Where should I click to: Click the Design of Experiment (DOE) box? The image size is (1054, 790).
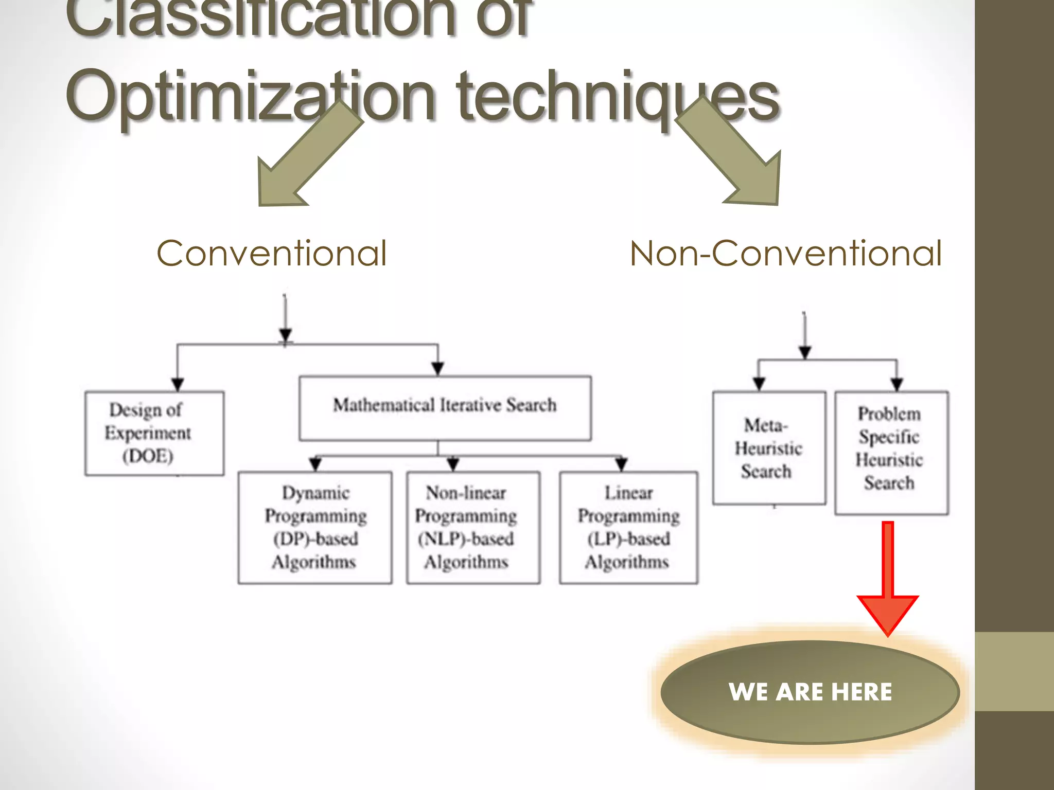[x=154, y=434]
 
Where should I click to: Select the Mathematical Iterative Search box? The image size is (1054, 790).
[x=445, y=408]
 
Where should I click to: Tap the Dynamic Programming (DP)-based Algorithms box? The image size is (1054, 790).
[x=315, y=527]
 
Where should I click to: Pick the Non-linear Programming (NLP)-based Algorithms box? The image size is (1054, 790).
[x=473, y=527]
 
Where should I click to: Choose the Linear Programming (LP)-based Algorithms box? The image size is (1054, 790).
[x=628, y=527]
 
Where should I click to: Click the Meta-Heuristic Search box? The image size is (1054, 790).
[x=769, y=448]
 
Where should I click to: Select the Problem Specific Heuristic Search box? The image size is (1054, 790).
[x=891, y=453]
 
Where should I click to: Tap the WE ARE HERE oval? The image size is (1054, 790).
[x=810, y=692]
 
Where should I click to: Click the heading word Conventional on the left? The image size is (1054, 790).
[x=272, y=254]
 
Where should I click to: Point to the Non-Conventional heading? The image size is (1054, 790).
[x=786, y=254]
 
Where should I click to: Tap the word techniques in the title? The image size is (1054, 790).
[x=618, y=98]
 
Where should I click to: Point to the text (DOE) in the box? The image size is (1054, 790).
[x=148, y=456]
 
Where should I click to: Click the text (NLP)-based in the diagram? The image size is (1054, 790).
[x=466, y=539]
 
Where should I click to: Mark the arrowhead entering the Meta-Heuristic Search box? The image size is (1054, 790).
[x=759, y=384]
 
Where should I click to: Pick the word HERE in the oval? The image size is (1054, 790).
[x=862, y=692]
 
